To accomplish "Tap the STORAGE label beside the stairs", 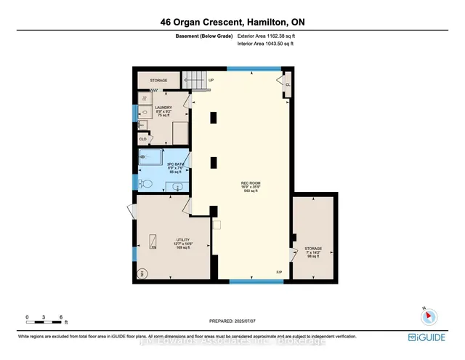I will [x=158, y=80].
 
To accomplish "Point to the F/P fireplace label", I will [x=278, y=272].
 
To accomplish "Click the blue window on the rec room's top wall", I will [x=254, y=68].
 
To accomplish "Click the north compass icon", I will [x=428, y=316].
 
